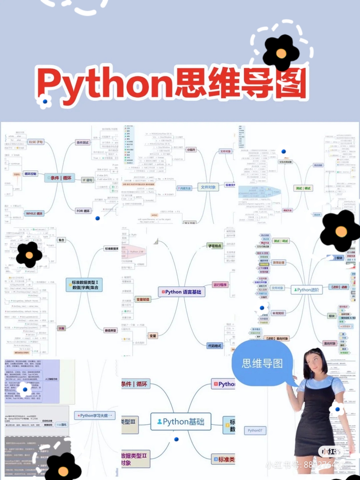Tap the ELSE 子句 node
[36, 142]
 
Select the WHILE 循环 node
[34, 213]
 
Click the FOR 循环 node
[83, 211]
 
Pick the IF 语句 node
[87, 180]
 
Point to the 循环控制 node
[30, 174]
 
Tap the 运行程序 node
[220, 285]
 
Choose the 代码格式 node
[214, 346]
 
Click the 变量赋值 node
[143, 299]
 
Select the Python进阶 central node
[306, 290]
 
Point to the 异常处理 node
[279, 263]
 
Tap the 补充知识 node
[278, 313]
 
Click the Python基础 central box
[181, 422]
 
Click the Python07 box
[255, 430]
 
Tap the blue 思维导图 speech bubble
[262, 363]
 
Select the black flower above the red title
[281, 52]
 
